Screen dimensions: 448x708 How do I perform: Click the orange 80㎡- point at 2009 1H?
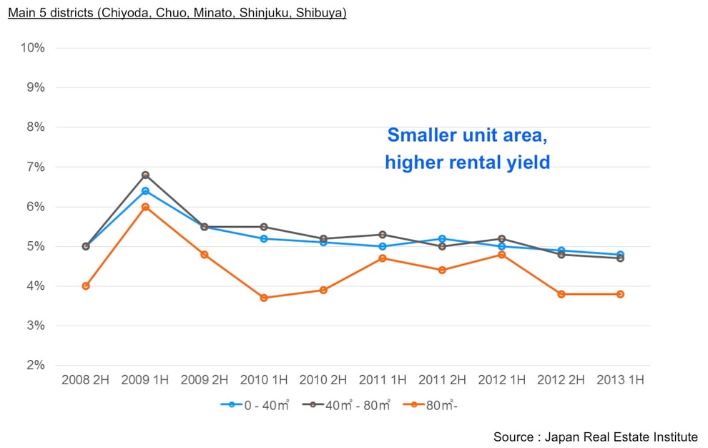[x=145, y=207]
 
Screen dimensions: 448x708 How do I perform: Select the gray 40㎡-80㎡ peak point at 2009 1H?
[x=145, y=175]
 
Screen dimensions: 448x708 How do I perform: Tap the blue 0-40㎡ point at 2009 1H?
[x=145, y=191]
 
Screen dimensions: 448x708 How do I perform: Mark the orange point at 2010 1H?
[x=264, y=298]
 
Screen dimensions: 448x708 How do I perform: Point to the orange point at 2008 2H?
[x=86, y=286]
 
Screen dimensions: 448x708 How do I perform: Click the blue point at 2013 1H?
[x=620, y=255]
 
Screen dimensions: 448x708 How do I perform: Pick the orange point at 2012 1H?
[x=501, y=255]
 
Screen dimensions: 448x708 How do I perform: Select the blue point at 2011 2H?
[x=442, y=239]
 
